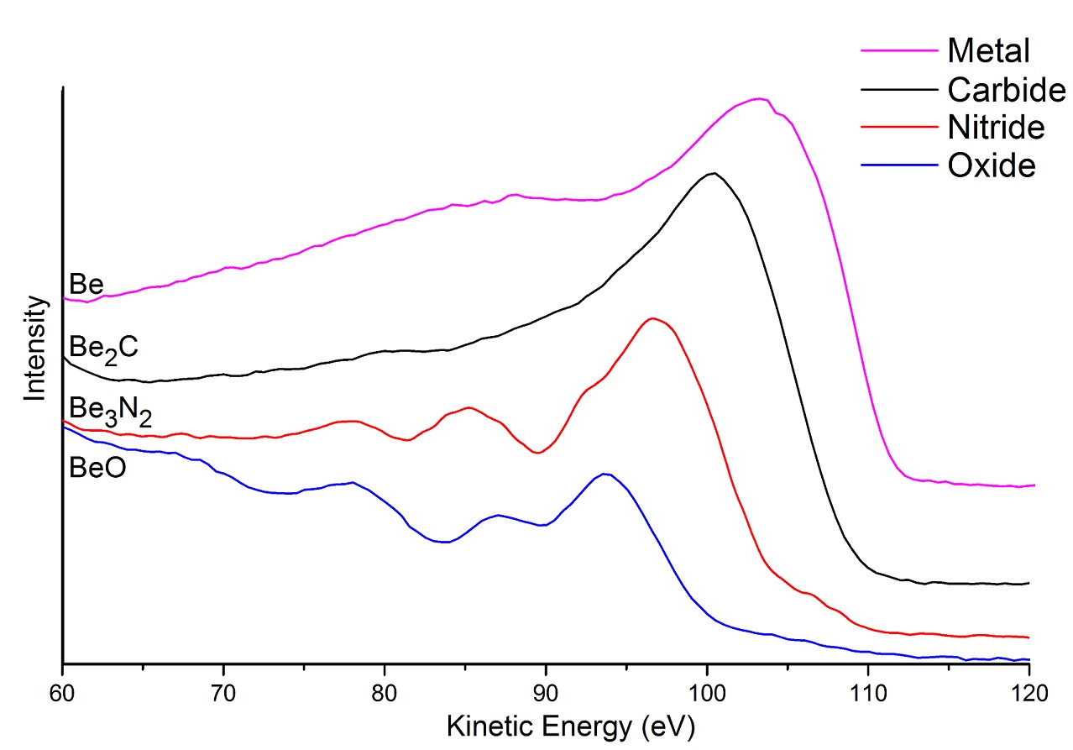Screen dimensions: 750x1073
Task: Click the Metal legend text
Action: pyautogui.click(x=988, y=51)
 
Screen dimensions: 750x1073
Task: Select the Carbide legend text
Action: pyautogui.click(x=1006, y=89)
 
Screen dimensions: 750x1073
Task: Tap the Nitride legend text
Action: pyautogui.click(x=996, y=128)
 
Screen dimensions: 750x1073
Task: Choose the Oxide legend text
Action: pyautogui.click(x=992, y=166)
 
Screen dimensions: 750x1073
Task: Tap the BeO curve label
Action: pyautogui.click(x=97, y=467)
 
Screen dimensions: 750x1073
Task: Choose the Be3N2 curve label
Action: pyautogui.click(x=110, y=412)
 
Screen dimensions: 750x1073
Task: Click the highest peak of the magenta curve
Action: pyautogui.click(x=759, y=98)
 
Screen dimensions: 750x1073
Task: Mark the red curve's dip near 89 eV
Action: pyautogui.click(x=538, y=453)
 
